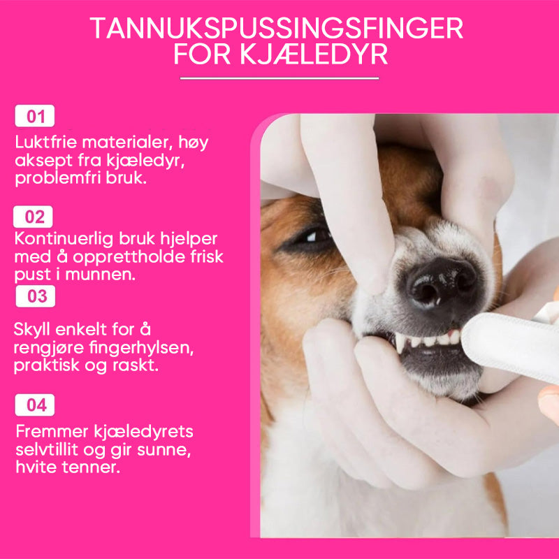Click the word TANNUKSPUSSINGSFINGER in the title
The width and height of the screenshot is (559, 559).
[x=276, y=28]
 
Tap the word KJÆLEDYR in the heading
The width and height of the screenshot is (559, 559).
[x=314, y=55]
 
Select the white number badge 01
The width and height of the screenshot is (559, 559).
[x=34, y=116]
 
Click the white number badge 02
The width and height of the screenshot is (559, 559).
[x=33, y=217]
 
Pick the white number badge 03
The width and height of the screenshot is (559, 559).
[x=36, y=296]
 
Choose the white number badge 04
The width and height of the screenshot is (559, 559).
[x=34, y=405]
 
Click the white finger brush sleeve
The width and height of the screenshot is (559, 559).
[x=511, y=347]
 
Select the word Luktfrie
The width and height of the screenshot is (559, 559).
[x=46, y=142]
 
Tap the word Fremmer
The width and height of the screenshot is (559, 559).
[x=52, y=431]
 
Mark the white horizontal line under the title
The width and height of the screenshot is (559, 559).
[x=279, y=78]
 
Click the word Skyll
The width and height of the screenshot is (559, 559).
[x=32, y=329]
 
